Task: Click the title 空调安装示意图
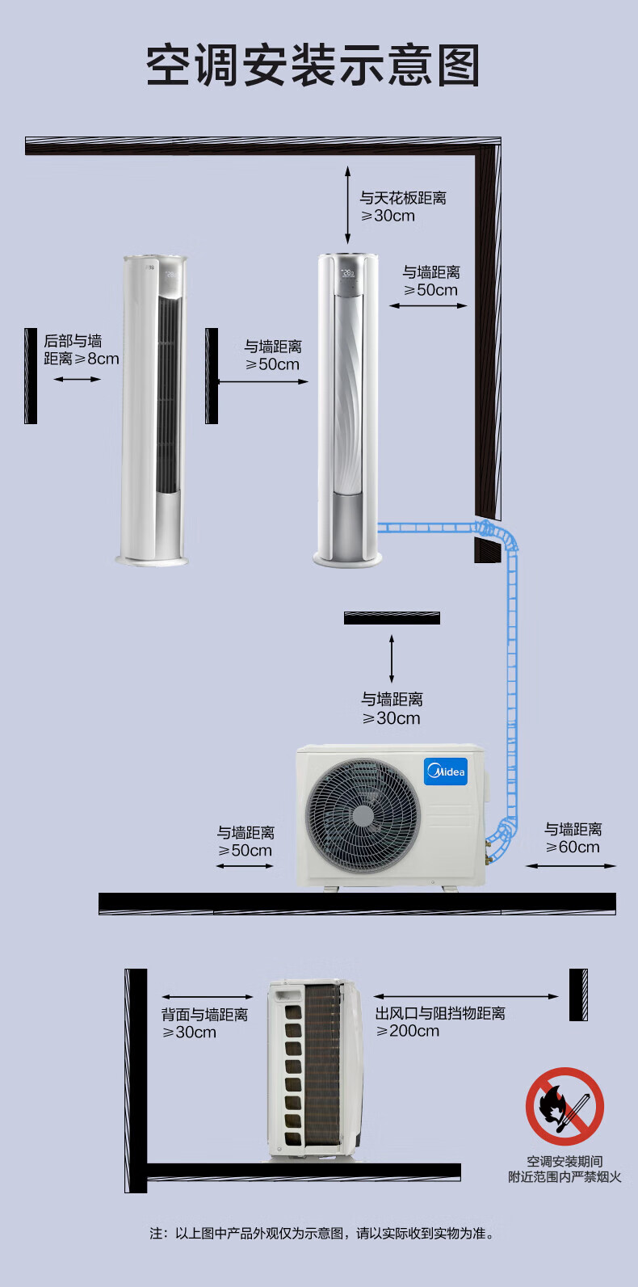click(313, 65)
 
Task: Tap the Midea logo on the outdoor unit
click(446, 771)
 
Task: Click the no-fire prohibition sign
click(565, 1106)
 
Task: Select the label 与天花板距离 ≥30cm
click(402, 207)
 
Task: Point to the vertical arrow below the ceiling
click(347, 205)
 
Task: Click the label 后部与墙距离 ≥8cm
click(82, 350)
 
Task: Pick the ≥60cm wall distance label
click(573, 838)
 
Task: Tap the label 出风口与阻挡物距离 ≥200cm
click(440, 1022)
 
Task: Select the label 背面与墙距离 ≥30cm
click(204, 1024)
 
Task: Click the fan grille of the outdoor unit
click(363, 815)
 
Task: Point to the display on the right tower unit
click(349, 274)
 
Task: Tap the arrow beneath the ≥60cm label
click(571, 865)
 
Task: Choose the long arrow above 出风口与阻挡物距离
click(466, 997)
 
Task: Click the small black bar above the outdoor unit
click(392, 617)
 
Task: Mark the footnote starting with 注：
click(321, 1234)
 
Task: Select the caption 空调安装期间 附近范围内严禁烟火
click(565, 1169)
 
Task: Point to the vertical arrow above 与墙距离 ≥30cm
click(392, 658)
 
